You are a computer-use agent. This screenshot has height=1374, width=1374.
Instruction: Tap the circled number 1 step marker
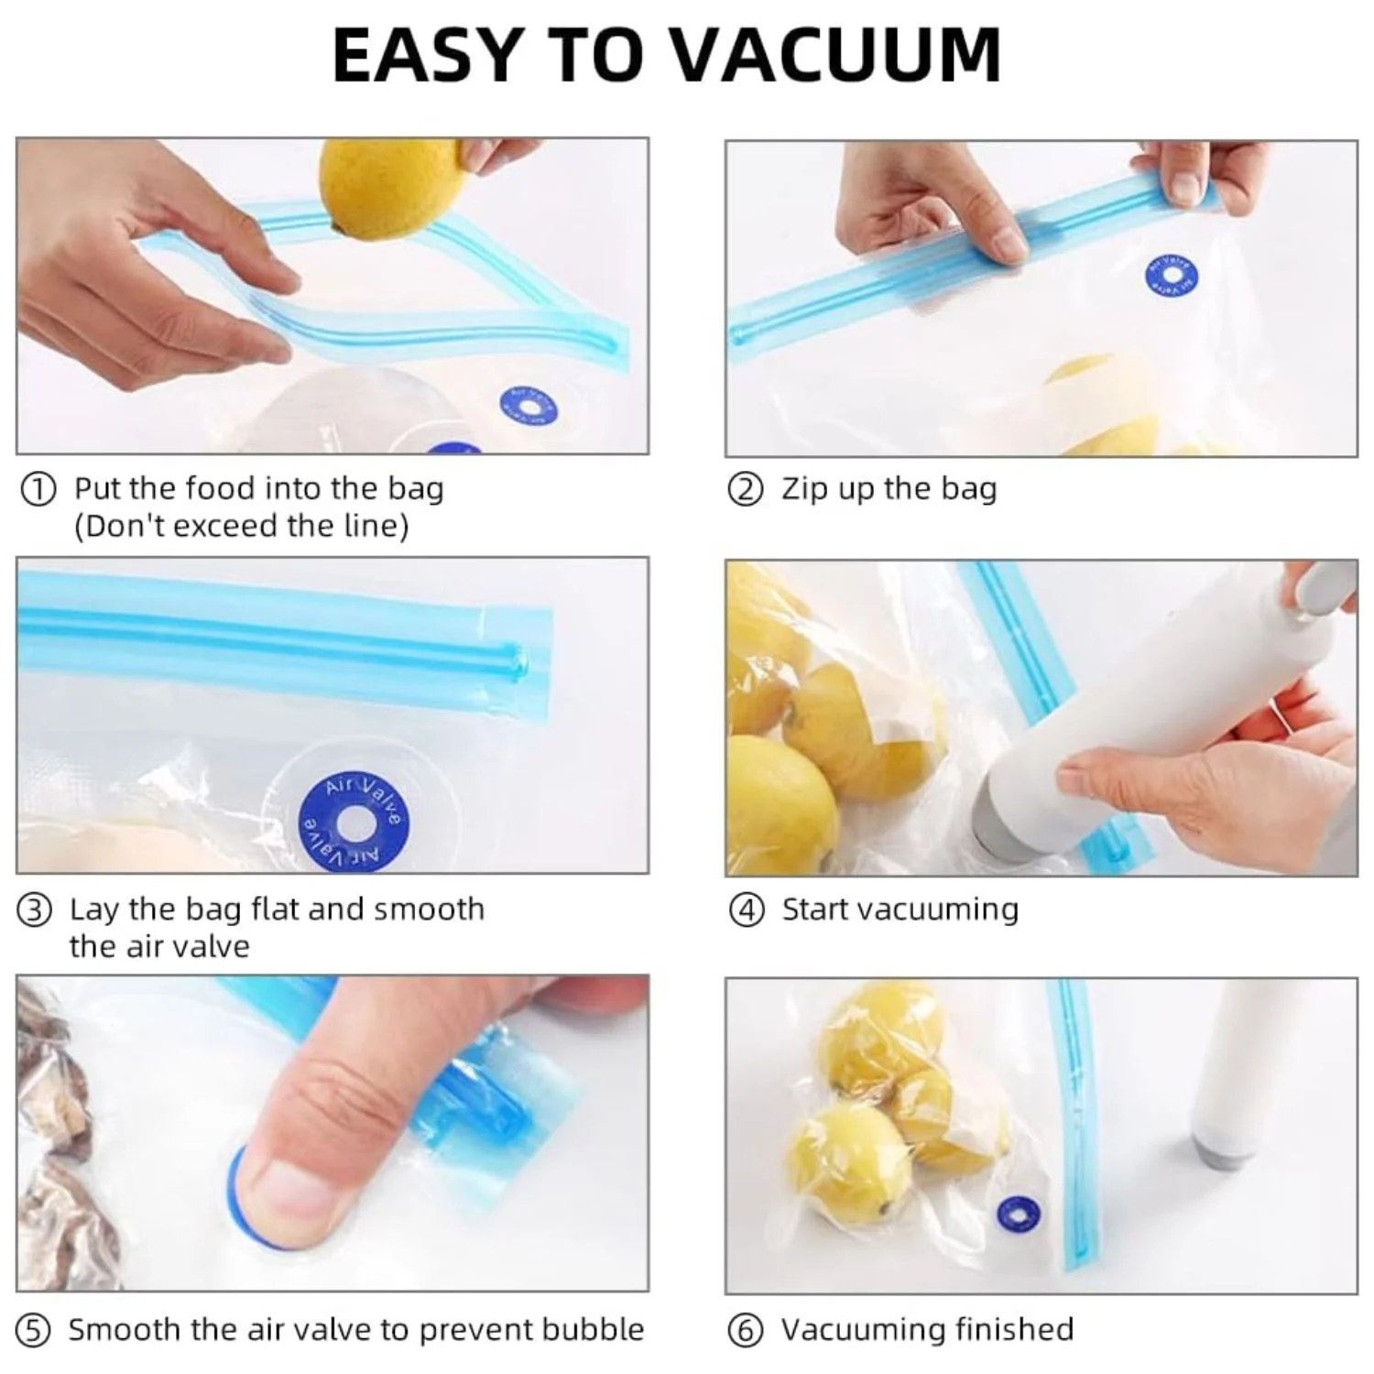(38, 489)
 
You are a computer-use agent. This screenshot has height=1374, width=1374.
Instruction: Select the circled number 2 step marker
(745, 490)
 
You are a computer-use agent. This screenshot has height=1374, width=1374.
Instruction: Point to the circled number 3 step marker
(35, 911)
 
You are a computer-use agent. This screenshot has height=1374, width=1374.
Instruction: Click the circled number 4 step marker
(746, 911)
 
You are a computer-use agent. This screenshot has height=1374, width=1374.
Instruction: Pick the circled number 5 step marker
(34, 1331)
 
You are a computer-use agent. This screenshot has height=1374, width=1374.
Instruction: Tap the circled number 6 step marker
(745, 1331)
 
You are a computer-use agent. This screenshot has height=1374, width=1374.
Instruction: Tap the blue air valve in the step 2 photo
(1172, 276)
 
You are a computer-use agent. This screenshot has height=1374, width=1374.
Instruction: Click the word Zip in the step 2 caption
(803, 490)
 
